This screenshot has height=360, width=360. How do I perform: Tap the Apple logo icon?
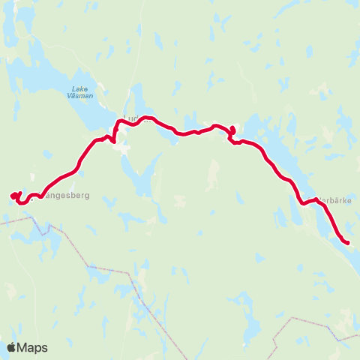click(x=10, y=346)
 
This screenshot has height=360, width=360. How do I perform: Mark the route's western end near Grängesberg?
click(x=12, y=196)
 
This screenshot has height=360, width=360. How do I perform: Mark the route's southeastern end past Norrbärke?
click(x=348, y=242)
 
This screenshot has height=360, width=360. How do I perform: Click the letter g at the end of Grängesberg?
click(x=87, y=196)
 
